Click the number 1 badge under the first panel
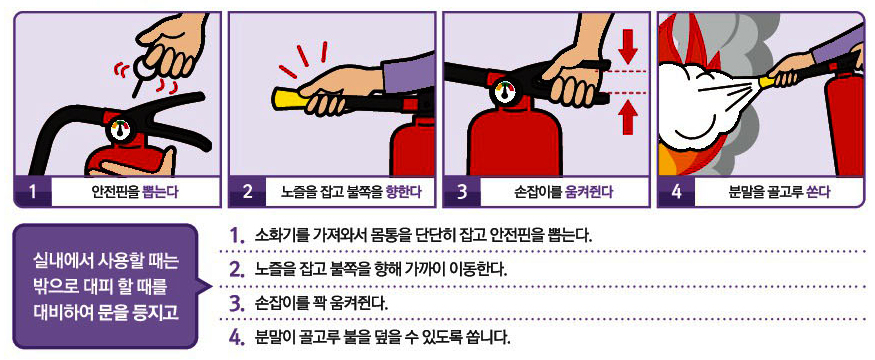30,190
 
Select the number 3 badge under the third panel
462,190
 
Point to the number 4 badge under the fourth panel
676,190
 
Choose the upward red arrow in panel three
627,119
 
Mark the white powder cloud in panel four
700,100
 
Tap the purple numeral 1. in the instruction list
237,236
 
